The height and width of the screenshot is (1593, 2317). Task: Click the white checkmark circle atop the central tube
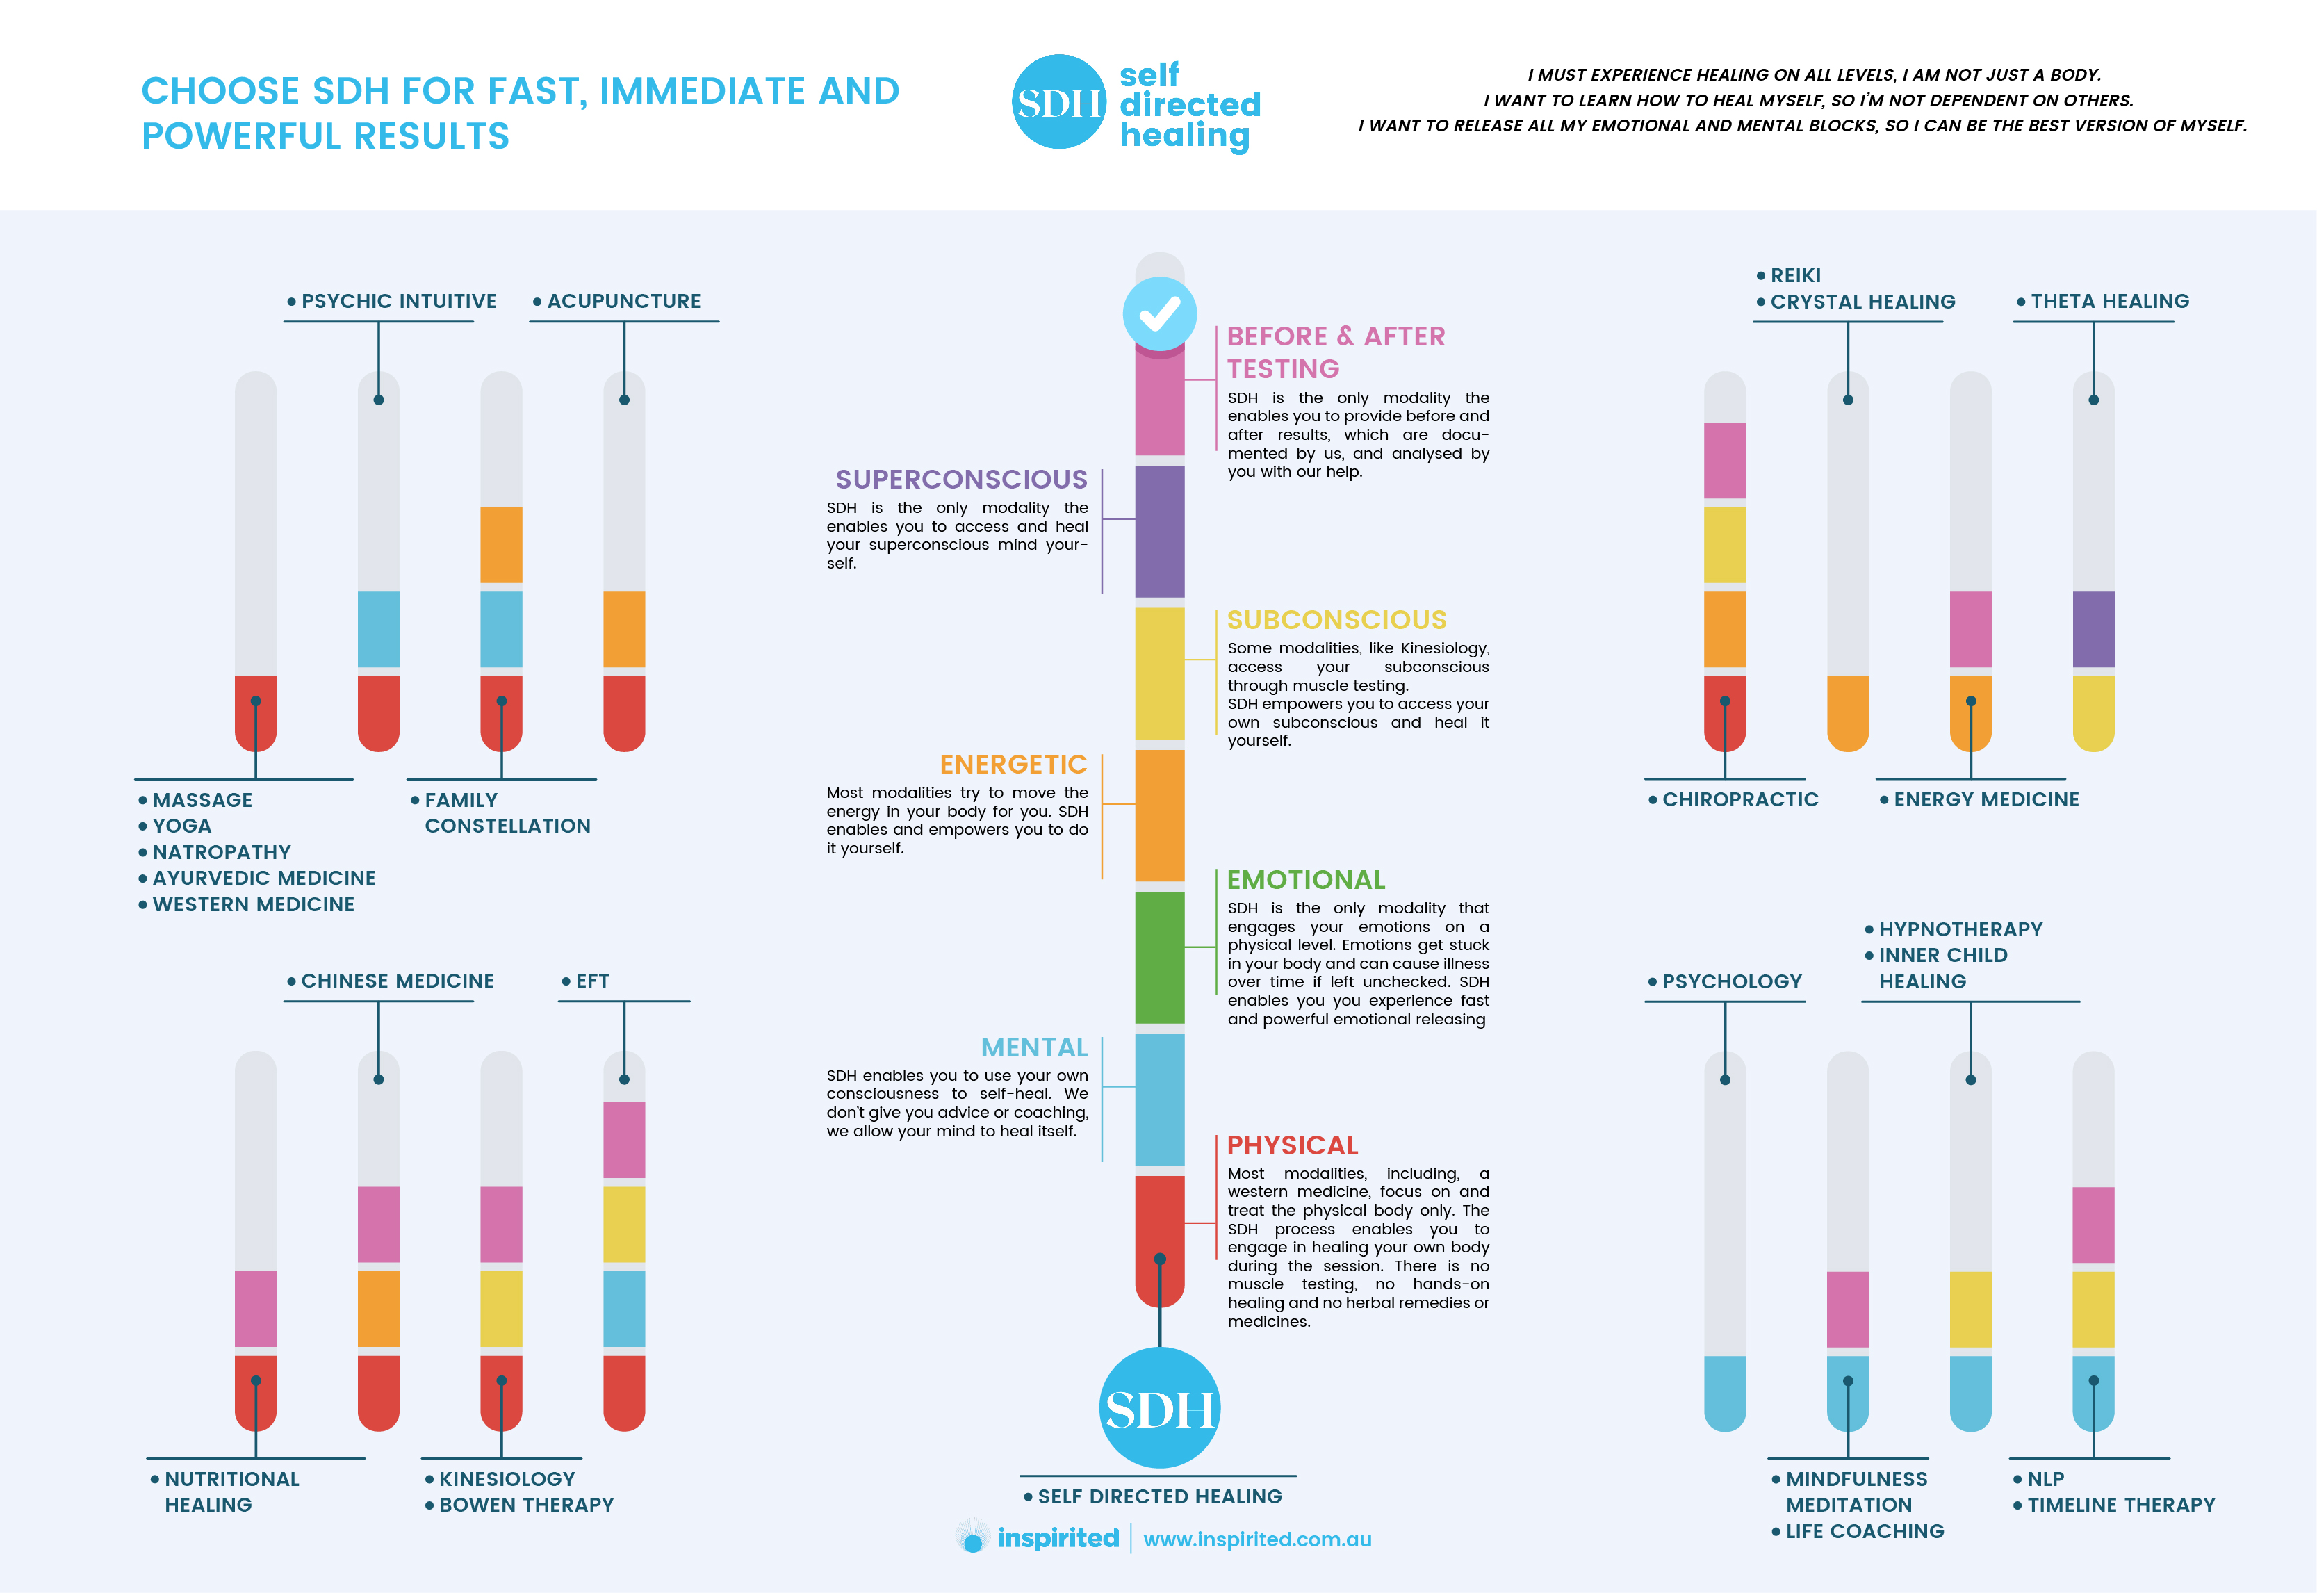tap(1159, 313)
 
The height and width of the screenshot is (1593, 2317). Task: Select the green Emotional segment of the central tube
tap(1159, 957)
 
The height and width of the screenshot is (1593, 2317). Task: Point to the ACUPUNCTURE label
tap(623, 302)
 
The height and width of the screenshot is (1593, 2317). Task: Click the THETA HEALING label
tap(2109, 302)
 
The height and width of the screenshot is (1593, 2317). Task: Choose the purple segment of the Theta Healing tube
tap(2093, 629)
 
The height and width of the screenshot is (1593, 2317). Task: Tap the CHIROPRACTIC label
tap(1740, 799)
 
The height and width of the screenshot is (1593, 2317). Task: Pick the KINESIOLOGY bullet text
tap(507, 1479)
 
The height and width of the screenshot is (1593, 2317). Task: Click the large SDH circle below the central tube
tap(1159, 1408)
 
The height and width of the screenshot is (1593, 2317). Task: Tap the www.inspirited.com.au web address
tap(1257, 1539)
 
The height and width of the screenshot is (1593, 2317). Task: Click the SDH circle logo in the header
tap(1058, 101)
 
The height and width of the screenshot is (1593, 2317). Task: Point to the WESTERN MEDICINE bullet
tap(254, 904)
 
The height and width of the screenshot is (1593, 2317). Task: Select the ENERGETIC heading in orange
tap(1013, 765)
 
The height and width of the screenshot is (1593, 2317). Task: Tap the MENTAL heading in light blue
tap(1034, 1047)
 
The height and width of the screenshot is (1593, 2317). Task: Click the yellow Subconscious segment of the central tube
tap(1159, 673)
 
